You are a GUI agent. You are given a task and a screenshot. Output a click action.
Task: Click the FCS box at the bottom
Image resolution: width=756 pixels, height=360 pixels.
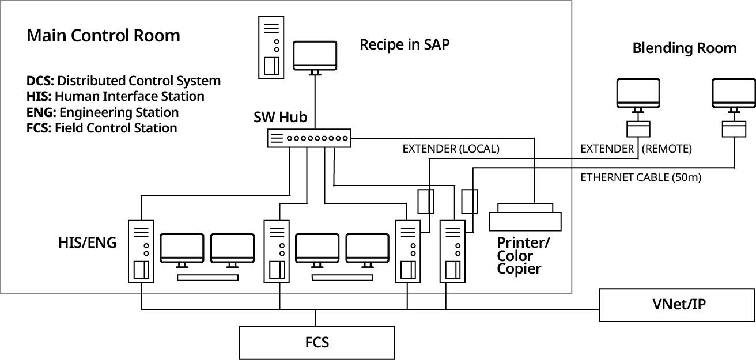click(x=316, y=343)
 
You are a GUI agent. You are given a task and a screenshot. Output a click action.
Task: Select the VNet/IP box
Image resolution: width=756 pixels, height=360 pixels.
click(x=677, y=305)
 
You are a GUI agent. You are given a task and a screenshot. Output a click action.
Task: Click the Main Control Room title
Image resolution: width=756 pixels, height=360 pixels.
click(x=103, y=36)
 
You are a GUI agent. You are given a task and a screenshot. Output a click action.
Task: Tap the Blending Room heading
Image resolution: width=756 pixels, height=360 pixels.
click(x=684, y=48)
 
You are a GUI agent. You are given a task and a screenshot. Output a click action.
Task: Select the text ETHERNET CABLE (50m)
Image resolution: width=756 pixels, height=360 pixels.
click(x=640, y=177)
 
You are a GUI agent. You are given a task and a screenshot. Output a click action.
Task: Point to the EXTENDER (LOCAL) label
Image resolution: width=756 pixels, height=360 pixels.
click(x=451, y=149)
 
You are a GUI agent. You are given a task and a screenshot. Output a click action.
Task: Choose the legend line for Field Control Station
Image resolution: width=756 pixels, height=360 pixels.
click(x=101, y=127)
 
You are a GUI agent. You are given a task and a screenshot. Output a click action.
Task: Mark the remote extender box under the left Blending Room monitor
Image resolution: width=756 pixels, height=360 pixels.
click(x=638, y=128)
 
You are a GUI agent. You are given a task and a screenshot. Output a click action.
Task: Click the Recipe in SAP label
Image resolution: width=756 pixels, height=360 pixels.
click(x=405, y=45)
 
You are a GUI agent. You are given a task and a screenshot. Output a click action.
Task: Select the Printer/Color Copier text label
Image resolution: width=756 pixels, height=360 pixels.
click(x=523, y=256)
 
